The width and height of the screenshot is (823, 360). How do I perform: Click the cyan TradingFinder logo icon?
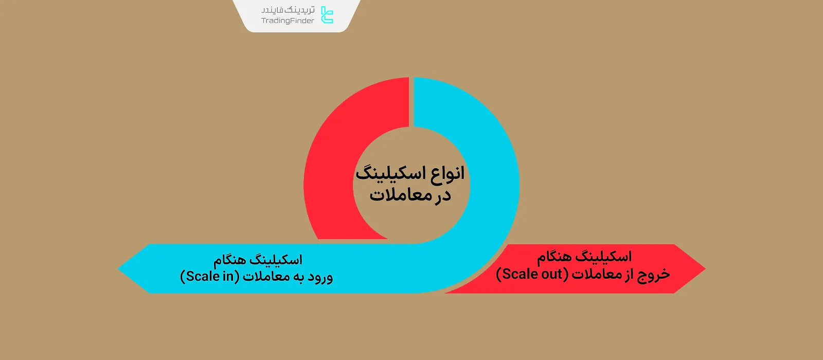(327, 15)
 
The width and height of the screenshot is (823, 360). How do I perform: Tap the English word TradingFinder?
(288, 21)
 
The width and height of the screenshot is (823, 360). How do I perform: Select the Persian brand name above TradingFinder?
(288, 10)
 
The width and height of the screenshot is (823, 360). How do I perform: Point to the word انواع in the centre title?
(448, 173)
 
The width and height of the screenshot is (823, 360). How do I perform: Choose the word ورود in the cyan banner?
(320, 277)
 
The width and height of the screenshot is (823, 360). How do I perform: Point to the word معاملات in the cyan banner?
(266, 277)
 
